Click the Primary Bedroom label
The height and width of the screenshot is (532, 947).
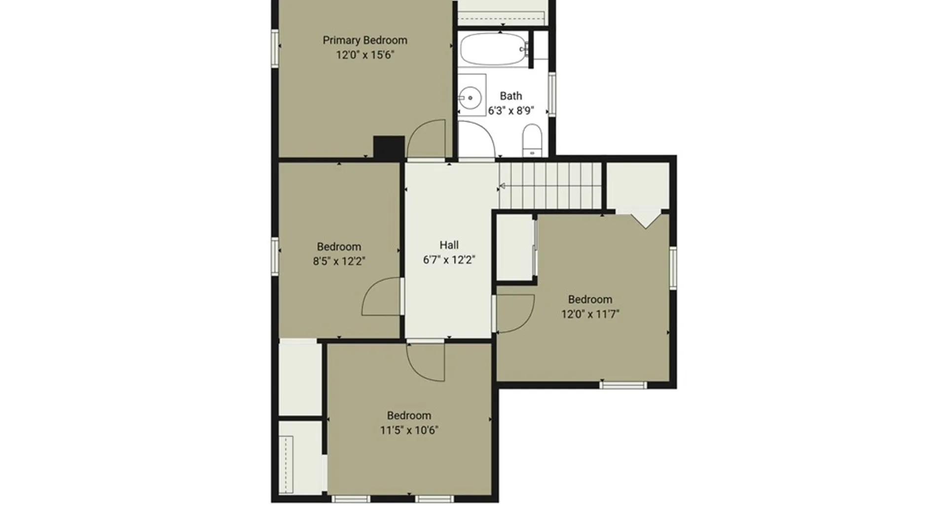tap(365, 40)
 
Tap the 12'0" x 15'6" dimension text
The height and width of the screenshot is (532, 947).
tap(365, 55)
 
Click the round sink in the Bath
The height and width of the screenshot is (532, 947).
tap(470, 98)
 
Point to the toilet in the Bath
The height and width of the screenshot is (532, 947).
tap(532, 140)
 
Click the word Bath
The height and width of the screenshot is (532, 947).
tap(511, 96)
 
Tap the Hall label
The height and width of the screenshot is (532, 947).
tap(449, 245)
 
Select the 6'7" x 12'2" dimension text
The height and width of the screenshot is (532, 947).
tap(449, 260)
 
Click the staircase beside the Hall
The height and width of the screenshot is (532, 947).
tap(550, 186)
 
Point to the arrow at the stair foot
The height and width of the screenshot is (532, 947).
tap(503, 186)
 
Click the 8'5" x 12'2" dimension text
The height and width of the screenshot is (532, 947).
tap(339, 261)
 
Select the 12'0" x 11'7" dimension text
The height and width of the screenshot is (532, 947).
tap(590, 314)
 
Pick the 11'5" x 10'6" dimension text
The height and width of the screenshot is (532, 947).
tap(409, 430)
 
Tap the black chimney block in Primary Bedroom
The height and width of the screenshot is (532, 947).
tap(389, 147)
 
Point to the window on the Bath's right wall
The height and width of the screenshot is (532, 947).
tap(552, 94)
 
